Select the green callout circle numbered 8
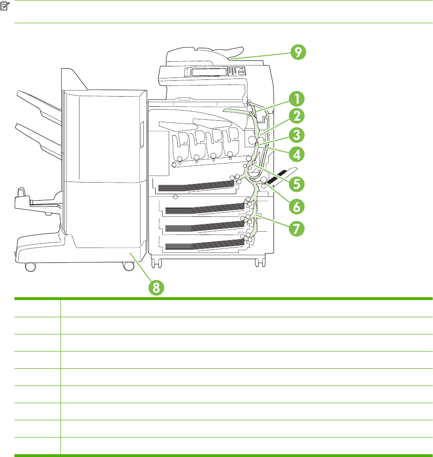(156, 287)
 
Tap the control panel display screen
(207, 72)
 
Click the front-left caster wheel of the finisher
(30, 267)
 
